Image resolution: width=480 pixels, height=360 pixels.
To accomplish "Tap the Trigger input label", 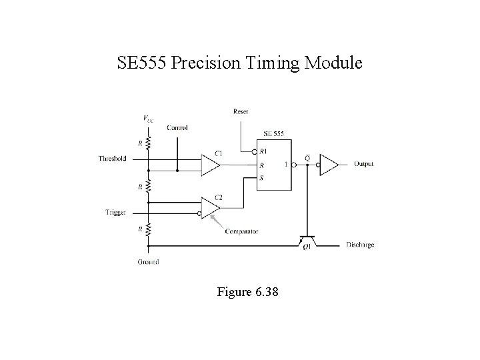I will pyautogui.click(x=115, y=212).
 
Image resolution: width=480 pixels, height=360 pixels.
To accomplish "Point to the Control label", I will pyautogui.click(x=177, y=127).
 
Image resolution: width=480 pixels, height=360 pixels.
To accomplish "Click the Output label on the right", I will pyautogui.click(x=363, y=163).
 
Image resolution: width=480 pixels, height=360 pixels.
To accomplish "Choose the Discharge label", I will pyautogui.click(x=360, y=245).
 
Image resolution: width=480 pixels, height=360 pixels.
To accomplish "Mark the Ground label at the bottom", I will pyautogui.click(x=148, y=262).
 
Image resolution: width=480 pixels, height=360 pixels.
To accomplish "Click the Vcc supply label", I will pyautogui.click(x=148, y=119).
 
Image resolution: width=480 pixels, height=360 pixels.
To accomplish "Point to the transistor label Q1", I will pyautogui.click(x=307, y=248).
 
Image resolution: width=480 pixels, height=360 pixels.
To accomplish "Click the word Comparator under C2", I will pyautogui.click(x=241, y=231).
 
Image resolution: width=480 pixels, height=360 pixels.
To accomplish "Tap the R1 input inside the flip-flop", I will pyautogui.click(x=263, y=151).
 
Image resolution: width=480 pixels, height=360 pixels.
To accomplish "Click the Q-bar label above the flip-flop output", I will pyautogui.click(x=307, y=157).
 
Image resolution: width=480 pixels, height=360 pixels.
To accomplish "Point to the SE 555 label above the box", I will pyautogui.click(x=273, y=133).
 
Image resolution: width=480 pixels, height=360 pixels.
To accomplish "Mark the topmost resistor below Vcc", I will pyautogui.click(x=148, y=142).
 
